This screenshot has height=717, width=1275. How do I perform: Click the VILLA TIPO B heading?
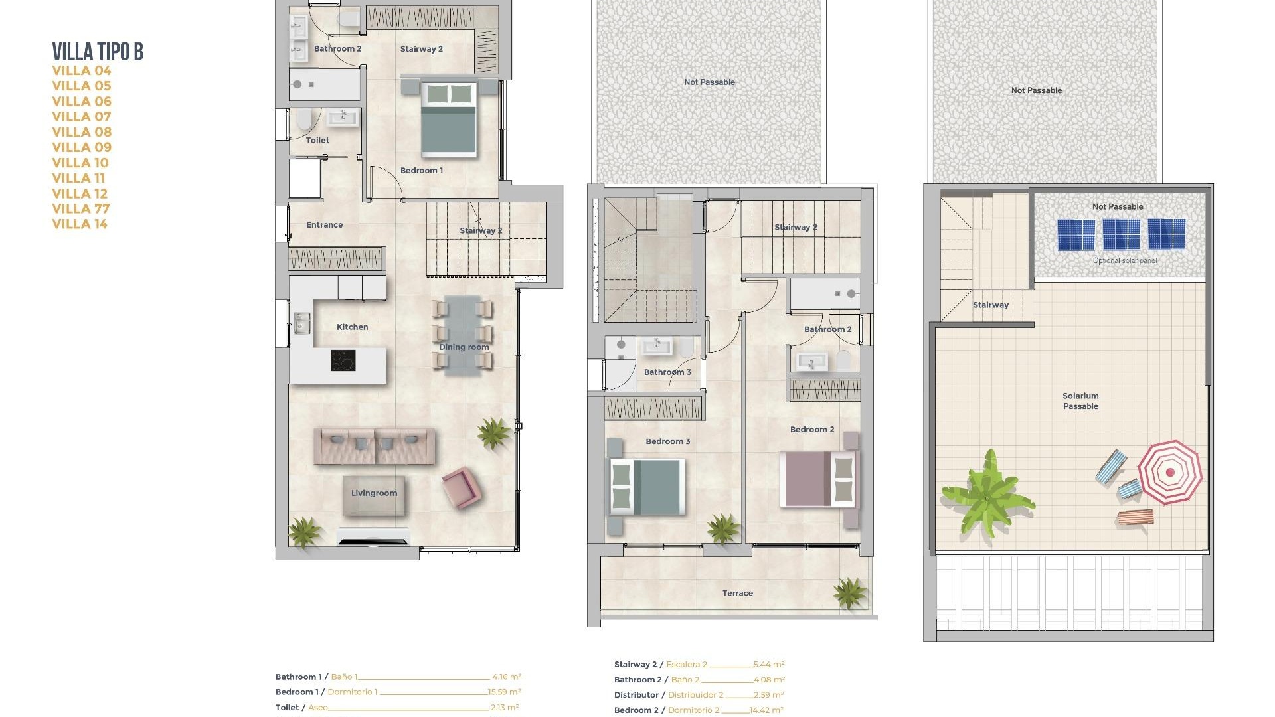(98, 51)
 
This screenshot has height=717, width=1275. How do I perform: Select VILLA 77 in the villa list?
(80, 208)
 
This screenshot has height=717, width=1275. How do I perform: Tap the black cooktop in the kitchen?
(343, 360)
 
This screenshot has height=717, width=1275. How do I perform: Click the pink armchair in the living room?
(462, 487)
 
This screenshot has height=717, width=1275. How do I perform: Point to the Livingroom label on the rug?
(374, 493)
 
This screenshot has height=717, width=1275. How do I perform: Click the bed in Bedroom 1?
(449, 119)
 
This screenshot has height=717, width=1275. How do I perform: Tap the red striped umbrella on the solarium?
(1169, 473)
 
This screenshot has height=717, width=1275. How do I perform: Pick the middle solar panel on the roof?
(1121, 234)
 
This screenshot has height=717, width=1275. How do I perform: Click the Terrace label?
(737, 593)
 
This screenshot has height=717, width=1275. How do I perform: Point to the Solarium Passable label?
(1080, 401)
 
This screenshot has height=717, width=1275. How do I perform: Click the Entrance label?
(324, 225)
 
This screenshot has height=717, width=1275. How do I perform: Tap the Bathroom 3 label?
(667, 372)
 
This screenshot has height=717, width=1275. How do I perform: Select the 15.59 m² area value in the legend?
(505, 692)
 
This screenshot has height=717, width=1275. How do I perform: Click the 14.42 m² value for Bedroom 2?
(766, 710)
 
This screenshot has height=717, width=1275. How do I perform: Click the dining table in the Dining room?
(463, 335)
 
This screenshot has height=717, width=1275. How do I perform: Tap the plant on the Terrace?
(849, 592)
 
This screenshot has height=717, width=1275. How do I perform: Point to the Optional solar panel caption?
(1124, 260)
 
